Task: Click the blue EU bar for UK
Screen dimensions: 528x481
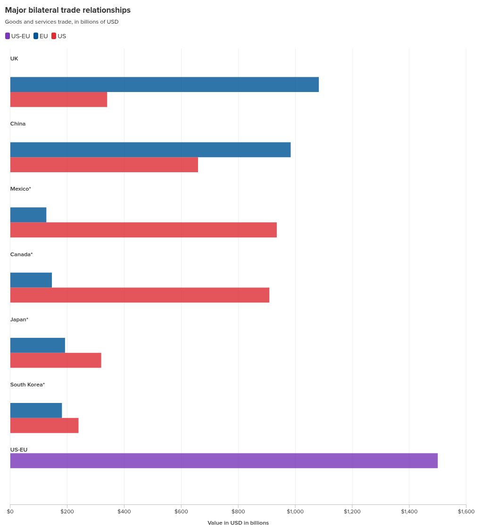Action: tap(164, 84)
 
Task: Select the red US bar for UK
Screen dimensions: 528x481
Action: tap(58, 100)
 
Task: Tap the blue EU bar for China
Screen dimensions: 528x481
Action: tap(150, 150)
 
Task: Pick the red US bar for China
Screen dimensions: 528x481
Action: tap(104, 165)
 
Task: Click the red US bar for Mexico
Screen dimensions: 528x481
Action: tap(143, 230)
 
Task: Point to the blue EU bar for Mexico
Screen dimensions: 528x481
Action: tap(28, 215)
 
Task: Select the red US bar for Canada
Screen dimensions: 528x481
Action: tap(140, 295)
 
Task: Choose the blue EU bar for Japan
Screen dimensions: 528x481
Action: tap(37, 345)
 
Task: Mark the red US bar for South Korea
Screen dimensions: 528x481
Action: tap(44, 426)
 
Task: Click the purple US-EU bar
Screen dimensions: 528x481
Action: tap(224, 461)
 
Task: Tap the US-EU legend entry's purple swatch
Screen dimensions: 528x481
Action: tap(8, 36)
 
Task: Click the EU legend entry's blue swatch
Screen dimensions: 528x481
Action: tap(36, 36)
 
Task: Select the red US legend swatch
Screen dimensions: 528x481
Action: tap(54, 36)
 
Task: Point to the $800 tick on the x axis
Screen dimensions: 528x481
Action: tap(238, 511)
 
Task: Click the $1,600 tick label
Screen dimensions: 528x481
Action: tap(466, 511)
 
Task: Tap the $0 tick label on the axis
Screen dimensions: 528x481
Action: tap(10, 511)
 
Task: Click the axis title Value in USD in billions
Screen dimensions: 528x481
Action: tap(238, 523)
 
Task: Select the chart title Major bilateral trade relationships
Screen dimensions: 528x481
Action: tap(68, 10)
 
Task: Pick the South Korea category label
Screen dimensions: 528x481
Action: tap(27, 385)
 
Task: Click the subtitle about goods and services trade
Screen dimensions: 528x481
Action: tap(62, 22)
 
